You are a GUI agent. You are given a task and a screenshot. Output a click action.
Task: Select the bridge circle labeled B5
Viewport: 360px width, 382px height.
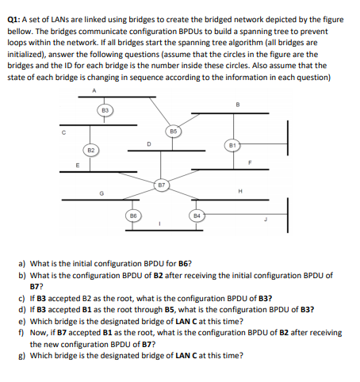click(174, 129)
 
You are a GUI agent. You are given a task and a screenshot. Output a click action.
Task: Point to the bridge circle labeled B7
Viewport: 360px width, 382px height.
click(161, 185)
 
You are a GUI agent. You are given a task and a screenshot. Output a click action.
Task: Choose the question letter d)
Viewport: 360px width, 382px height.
click(21, 310)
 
